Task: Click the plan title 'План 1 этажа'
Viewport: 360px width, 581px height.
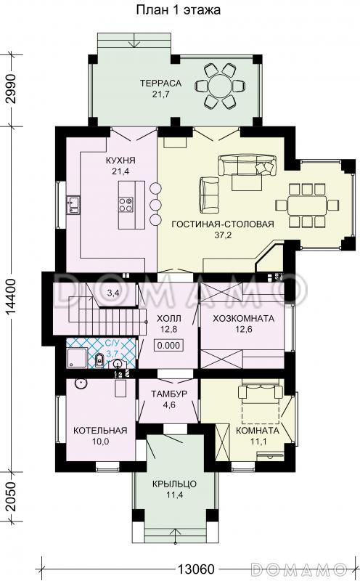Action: coord(178,10)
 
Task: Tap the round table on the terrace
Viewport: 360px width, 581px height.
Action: coord(220,86)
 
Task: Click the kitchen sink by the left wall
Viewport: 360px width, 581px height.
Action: coord(73,206)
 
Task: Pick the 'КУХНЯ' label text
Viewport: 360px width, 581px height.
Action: coord(120,161)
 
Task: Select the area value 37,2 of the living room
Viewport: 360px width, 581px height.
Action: coord(223,235)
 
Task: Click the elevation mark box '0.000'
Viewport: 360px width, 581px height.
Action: coord(169,346)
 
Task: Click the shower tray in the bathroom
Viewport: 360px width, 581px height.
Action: coord(77,358)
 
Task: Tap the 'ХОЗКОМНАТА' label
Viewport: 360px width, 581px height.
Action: coord(243,318)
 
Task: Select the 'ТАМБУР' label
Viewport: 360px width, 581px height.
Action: coord(169,394)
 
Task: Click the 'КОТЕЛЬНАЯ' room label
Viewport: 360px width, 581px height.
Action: coord(100,430)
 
